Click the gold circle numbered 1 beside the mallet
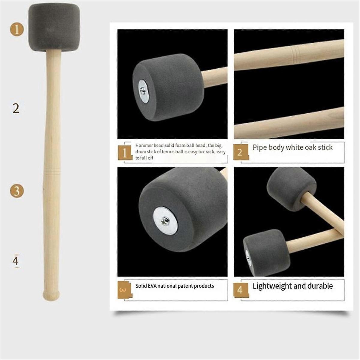pos(17,30)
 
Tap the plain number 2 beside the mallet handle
pos(16,108)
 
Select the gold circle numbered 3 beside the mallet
pos(17,191)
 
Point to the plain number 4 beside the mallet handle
pos(16,261)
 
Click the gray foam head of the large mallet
pos(54,28)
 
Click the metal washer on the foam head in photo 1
pos(144,91)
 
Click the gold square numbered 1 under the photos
pos(125,153)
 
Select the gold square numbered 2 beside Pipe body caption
pos(241,153)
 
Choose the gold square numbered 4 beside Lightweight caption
pos(241,290)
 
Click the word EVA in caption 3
pos(152,286)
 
